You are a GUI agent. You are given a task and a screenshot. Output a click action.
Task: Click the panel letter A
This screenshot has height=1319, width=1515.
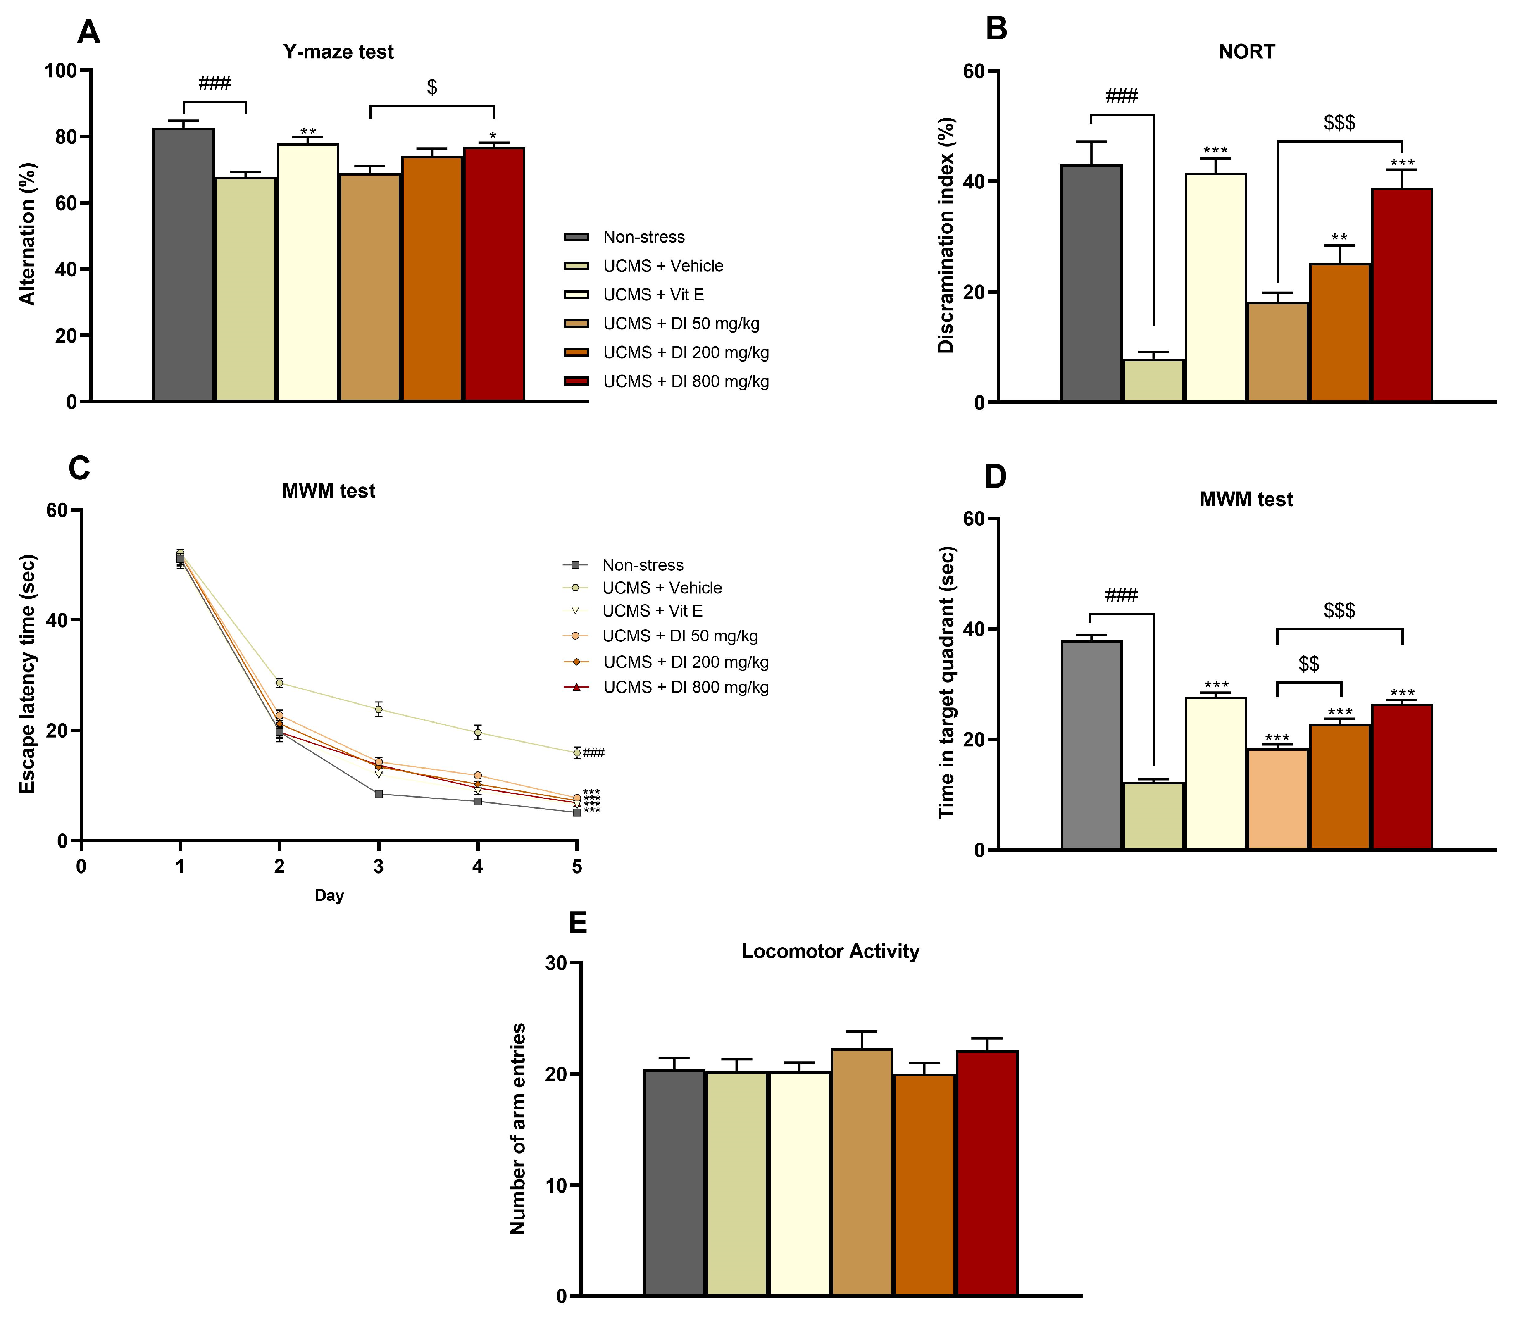click(89, 32)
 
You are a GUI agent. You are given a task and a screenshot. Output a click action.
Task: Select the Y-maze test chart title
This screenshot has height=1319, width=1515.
click(338, 52)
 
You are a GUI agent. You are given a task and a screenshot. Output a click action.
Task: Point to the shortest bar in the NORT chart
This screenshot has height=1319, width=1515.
click(1153, 381)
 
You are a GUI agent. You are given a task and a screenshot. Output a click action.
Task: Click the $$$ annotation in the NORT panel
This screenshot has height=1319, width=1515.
click(1339, 122)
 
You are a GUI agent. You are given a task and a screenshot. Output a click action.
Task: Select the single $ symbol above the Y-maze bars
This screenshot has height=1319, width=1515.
click(432, 87)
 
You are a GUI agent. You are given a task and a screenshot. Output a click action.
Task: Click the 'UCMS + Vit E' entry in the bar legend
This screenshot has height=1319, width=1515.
click(653, 294)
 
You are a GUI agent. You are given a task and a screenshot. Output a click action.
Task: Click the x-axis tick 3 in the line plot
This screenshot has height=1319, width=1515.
click(379, 867)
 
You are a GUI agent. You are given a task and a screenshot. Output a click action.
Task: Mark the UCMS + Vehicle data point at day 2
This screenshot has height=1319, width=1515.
click(279, 683)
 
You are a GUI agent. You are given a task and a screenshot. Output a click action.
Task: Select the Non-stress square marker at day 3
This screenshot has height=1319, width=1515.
click(379, 793)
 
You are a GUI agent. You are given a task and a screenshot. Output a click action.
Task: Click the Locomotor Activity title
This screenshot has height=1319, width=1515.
click(830, 951)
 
